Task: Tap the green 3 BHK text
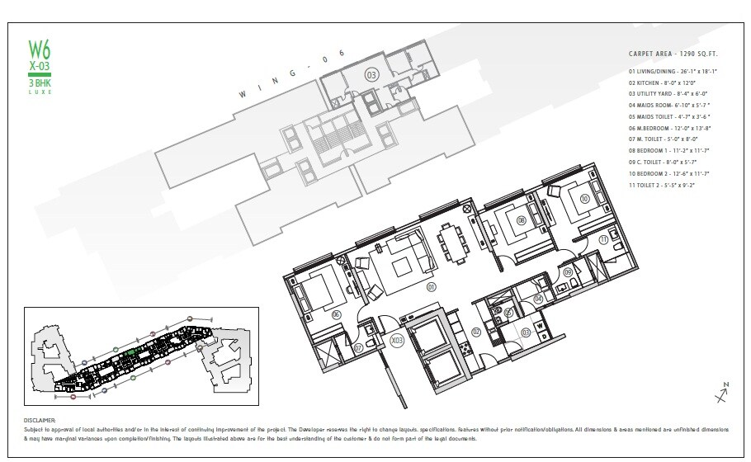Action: (x=40, y=83)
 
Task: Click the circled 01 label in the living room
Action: (x=430, y=287)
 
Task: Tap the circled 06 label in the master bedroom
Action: (x=336, y=314)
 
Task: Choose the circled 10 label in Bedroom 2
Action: (x=584, y=199)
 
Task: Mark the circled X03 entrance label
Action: (x=396, y=339)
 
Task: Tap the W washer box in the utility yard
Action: (x=541, y=325)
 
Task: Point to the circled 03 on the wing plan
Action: (x=372, y=75)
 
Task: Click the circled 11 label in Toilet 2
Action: (x=604, y=239)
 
